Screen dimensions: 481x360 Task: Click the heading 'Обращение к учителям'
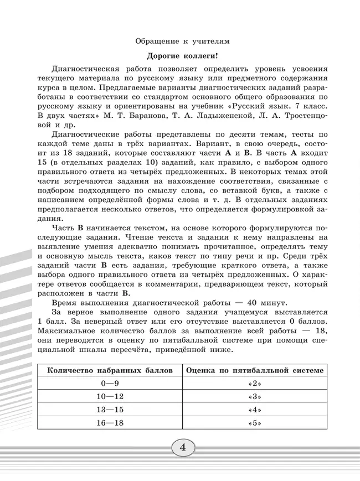click(x=182, y=41)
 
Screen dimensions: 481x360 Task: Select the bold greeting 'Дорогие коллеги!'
click(x=182, y=56)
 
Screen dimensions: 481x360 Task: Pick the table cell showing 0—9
click(x=110, y=384)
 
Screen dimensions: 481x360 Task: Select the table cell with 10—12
click(x=110, y=397)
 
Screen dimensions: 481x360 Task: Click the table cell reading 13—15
click(x=110, y=411)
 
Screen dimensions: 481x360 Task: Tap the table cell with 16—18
click(x=110, y=424)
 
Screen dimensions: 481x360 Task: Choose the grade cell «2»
click(x=255, y=384)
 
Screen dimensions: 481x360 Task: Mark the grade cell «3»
click(x=255, y=397)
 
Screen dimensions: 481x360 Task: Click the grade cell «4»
click(x=255, y=411)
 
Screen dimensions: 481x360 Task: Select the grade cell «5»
click(x=255, y=424)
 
